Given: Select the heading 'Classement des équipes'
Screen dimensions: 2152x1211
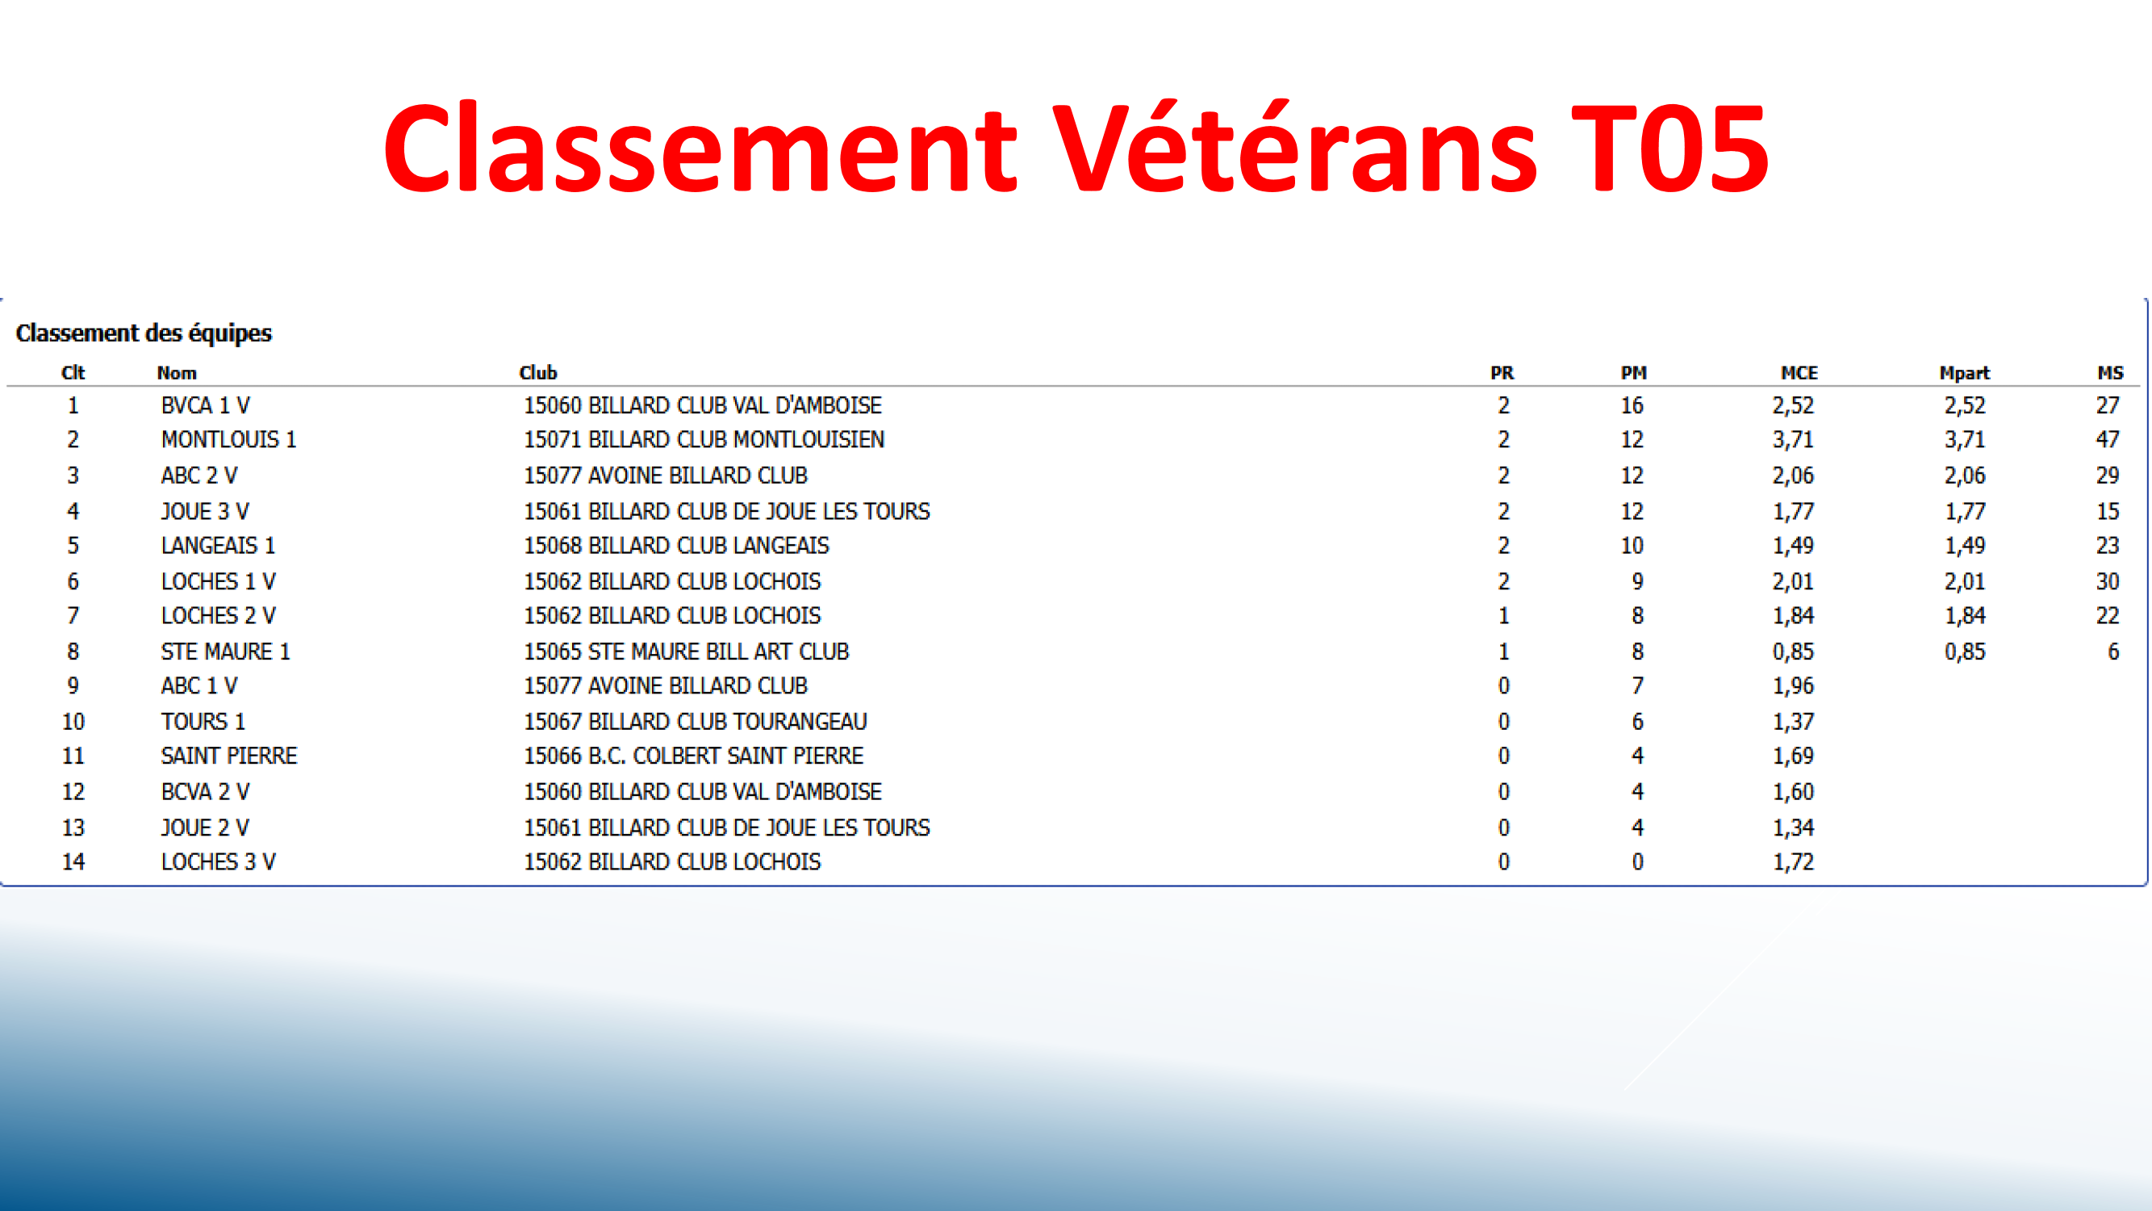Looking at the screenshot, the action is coord(144,333).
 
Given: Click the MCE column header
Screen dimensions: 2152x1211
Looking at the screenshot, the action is coord(1799,373).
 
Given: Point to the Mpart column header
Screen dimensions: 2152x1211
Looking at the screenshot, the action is coord(1964,373).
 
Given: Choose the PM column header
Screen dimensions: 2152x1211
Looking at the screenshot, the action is coord(1633,373).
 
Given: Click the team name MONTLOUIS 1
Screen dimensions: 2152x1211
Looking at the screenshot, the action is coord(229,440).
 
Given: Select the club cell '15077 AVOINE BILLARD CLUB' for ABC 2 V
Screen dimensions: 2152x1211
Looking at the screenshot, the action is coord(666,476).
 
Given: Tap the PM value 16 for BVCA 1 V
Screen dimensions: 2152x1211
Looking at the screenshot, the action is coord(1632,405).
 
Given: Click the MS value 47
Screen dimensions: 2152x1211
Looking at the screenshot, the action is coord(2107,440).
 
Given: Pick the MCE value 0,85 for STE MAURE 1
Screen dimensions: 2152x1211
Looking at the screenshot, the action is coord(1793,652).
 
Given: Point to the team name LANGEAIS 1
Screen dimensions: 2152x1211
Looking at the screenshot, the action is coord(218,546).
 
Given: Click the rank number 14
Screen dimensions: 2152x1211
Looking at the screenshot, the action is coord(73,861).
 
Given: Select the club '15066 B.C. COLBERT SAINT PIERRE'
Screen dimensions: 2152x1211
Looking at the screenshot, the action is coord(693,756).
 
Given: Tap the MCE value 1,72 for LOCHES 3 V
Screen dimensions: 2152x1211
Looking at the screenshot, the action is coord(1793,861).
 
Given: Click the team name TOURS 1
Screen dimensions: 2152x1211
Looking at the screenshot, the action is coord(203,721).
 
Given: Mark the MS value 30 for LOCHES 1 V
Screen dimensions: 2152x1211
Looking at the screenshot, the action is coord(2107,581).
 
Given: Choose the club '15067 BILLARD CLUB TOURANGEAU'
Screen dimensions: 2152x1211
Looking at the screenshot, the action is coord(695,721).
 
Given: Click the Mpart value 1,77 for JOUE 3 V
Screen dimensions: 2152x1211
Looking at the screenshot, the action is coord(1964,512).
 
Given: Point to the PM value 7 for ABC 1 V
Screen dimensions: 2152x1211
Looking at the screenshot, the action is coord(1637,686).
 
